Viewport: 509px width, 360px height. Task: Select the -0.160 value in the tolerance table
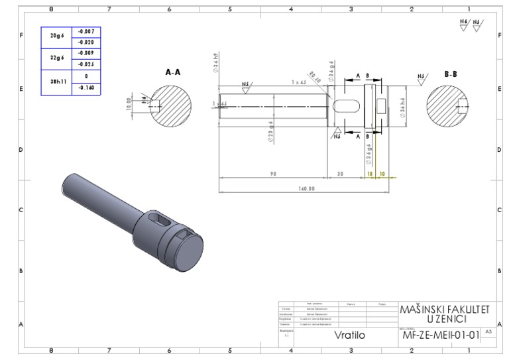(86, 88)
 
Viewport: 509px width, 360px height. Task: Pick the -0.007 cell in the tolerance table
(86, 32)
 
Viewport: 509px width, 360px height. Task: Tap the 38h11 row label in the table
(56, 82)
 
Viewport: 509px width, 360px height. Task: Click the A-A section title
(173, 72)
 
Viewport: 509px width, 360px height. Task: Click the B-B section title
(450, 74)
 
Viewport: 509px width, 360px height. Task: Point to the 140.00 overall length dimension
(306, 188)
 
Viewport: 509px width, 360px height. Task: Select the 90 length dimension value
(272, 173)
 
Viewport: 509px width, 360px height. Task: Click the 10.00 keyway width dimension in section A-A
(131, 105)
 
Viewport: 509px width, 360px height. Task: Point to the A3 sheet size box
(488, 331)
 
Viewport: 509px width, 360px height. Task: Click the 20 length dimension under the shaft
(340, 173)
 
